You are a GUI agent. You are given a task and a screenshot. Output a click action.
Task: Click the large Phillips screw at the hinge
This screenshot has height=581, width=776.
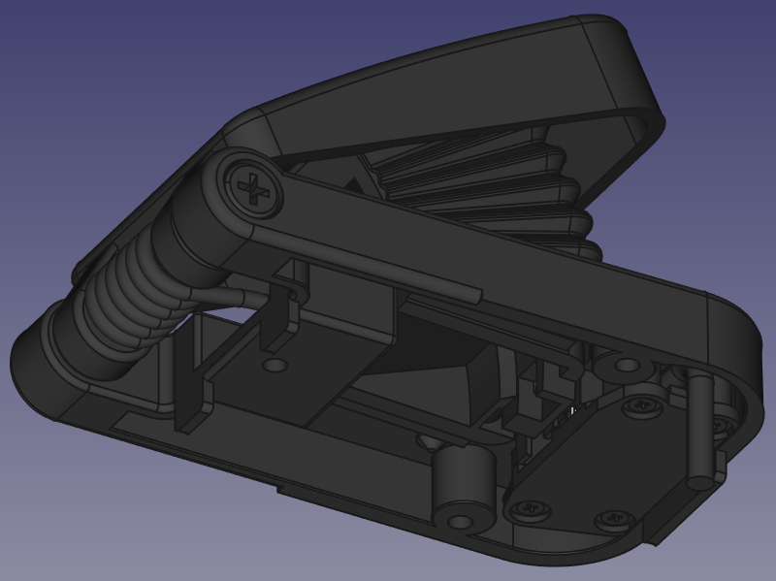[253, 187]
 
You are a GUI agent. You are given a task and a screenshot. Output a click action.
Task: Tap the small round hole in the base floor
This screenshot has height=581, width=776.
[276, 366]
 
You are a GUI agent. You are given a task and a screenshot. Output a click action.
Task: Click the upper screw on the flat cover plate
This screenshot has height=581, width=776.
[641, 405]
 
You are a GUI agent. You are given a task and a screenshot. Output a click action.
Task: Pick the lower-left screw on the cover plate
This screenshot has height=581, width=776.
[530, 505]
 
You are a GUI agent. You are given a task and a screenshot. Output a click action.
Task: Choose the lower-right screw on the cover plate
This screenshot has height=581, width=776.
[612, 520]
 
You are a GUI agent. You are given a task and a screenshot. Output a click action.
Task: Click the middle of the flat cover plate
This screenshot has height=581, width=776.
[592, 461]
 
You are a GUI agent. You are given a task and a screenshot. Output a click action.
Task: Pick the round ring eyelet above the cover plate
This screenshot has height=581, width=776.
[628, 367]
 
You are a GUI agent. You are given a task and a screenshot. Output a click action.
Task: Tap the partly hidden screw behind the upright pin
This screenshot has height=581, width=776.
[720, 424]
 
